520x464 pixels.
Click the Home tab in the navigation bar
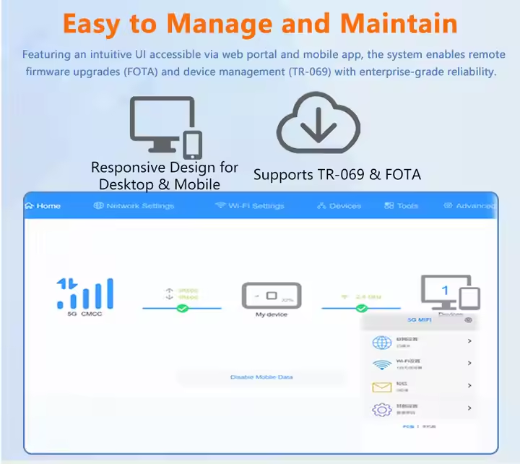[x=43, y=206]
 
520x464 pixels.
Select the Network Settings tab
[x=134, y=206]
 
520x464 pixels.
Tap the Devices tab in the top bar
[x=339, y=206]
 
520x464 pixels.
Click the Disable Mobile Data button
[x=261, y=377]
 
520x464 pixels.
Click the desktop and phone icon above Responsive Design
[x=165, y=127]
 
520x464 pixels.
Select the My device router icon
[x=271, y=296]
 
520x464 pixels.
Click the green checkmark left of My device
[x=183, y=309]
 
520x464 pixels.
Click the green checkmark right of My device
[x=362, y=309]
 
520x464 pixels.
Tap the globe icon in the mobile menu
[x=381, y=342]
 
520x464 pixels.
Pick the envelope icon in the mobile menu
[x=381, y=387]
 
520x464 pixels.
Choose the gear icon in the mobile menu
[x=381, y=409]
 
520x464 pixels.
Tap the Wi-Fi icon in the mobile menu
[x=381, y=364]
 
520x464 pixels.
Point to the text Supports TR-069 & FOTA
[x=337, y=175]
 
